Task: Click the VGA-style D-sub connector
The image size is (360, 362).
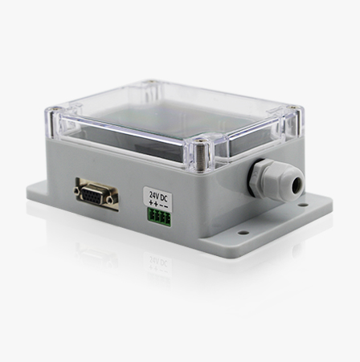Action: pyautogui.click(x=96, y=193)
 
